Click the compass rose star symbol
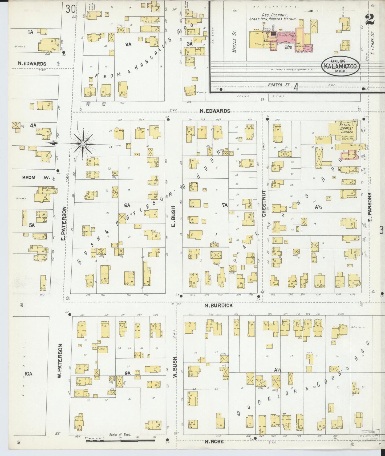tap(83, 144)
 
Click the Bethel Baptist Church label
tap(346, 128)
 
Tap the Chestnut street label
tap(264, 203)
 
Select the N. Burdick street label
tap(218, 305)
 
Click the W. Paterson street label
tap(60, 361)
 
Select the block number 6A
tap(127, 205)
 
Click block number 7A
tap(225, 205)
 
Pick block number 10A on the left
tap(28, 374)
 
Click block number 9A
tap(128, 373)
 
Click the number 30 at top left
tap(71, 9)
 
